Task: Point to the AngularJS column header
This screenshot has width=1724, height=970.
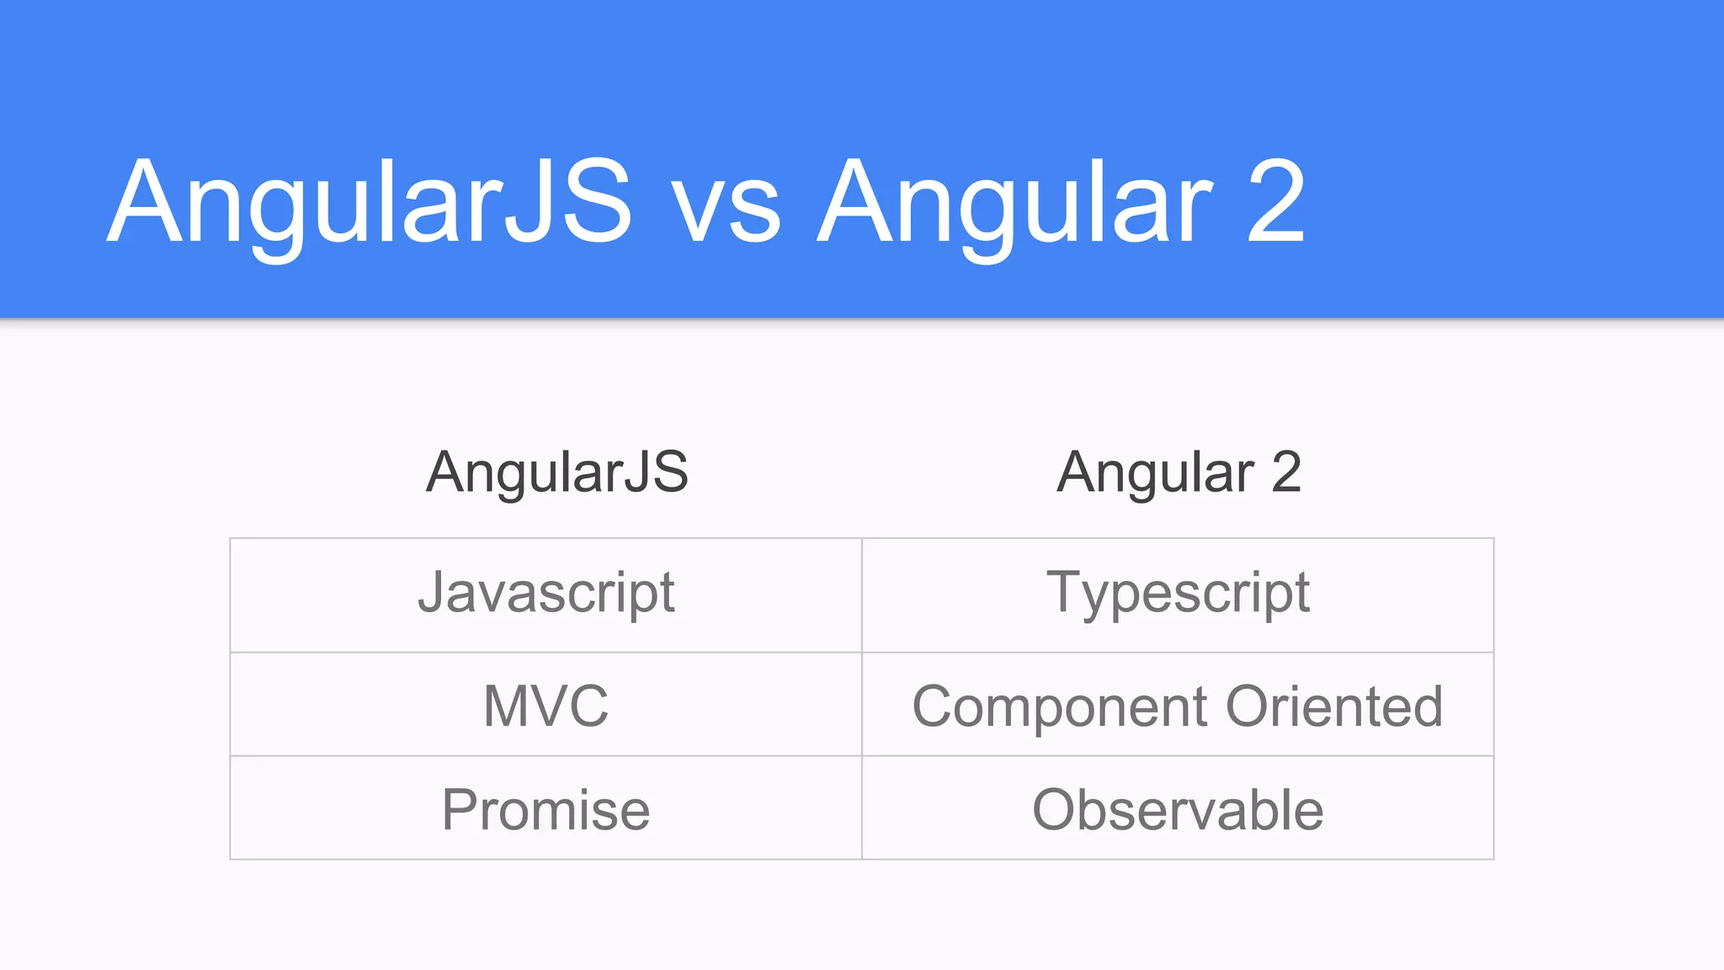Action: [556, 472]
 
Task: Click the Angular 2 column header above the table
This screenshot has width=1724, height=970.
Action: [1179, 472]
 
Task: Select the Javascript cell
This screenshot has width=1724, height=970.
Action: [545, 594]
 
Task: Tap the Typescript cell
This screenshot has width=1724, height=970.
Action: [1178, 594]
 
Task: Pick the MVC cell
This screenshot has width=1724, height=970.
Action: [545, 706]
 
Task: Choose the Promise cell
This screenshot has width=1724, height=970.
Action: [545, 810]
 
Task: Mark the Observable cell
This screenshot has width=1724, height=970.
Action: [1178, 810]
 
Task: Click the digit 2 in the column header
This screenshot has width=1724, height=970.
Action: [1285, 472]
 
